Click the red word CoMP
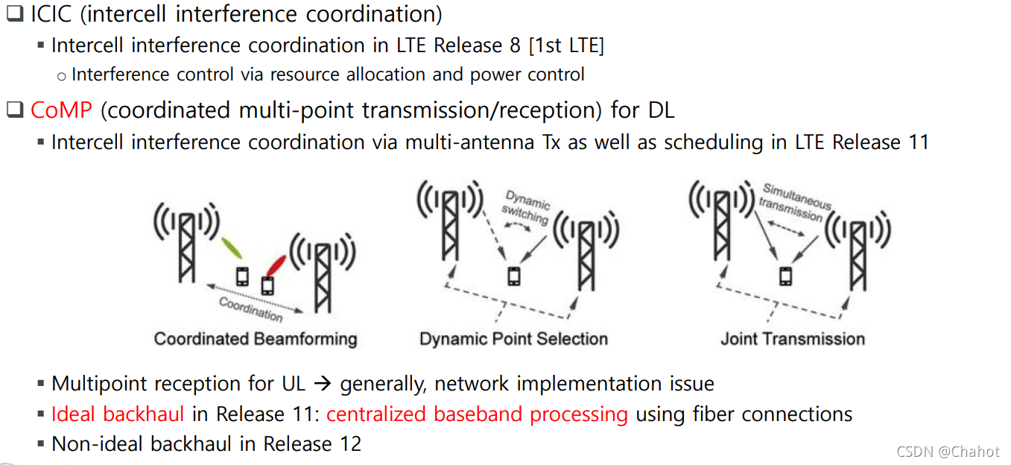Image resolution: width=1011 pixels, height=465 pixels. (x=61, y=110)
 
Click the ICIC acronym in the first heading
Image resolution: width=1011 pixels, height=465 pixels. (x=55, y=14)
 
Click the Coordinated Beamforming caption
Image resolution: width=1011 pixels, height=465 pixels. (x=256, y=339)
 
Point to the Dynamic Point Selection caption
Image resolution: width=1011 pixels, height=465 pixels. (x=513, y=339)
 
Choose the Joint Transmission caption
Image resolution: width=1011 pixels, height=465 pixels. (x=793, y=339)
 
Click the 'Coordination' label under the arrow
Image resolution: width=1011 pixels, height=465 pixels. (x=251, y=308)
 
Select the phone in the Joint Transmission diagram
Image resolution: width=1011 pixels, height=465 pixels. (x=785, y=276)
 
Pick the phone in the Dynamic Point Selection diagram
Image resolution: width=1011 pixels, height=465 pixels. (x=513, y=276)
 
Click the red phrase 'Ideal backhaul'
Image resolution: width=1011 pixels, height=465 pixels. (x=118, y=414)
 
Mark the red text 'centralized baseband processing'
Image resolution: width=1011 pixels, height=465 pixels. (x=477, y=414)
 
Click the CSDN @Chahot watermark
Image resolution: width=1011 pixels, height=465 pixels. (x=948, y=452)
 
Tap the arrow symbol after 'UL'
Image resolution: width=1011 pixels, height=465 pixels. (x=322, y=385)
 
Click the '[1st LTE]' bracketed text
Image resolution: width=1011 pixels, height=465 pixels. (x=566, y=45)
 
